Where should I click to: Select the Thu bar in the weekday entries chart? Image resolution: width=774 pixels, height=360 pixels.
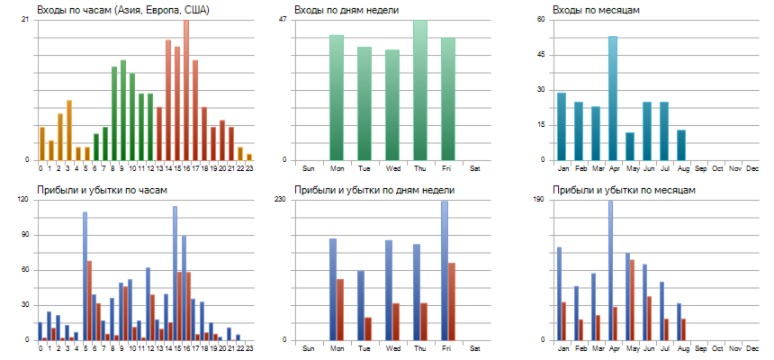(420, 90)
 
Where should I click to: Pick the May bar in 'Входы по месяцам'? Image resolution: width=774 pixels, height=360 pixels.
(630, 147)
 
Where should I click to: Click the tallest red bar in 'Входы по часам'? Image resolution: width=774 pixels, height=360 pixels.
(186, 90)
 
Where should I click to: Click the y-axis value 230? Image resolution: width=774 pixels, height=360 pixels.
(280, 199)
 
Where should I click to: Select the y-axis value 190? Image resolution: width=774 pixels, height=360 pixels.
(538, 199)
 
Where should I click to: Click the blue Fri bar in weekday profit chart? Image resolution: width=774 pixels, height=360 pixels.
(444, 270)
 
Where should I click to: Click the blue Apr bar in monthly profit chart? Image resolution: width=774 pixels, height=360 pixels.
(610, 270)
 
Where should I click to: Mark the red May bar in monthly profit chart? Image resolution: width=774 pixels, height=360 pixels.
(633, 300)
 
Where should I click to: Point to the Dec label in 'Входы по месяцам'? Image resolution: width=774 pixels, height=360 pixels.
(752, 168)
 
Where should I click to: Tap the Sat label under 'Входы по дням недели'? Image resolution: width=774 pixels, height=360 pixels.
(475, 168)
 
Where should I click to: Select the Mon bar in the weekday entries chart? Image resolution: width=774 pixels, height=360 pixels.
(337, 98)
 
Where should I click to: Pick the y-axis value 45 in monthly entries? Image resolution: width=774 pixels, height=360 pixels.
(541, 54)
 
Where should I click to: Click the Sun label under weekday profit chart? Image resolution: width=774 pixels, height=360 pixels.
(309, 348)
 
